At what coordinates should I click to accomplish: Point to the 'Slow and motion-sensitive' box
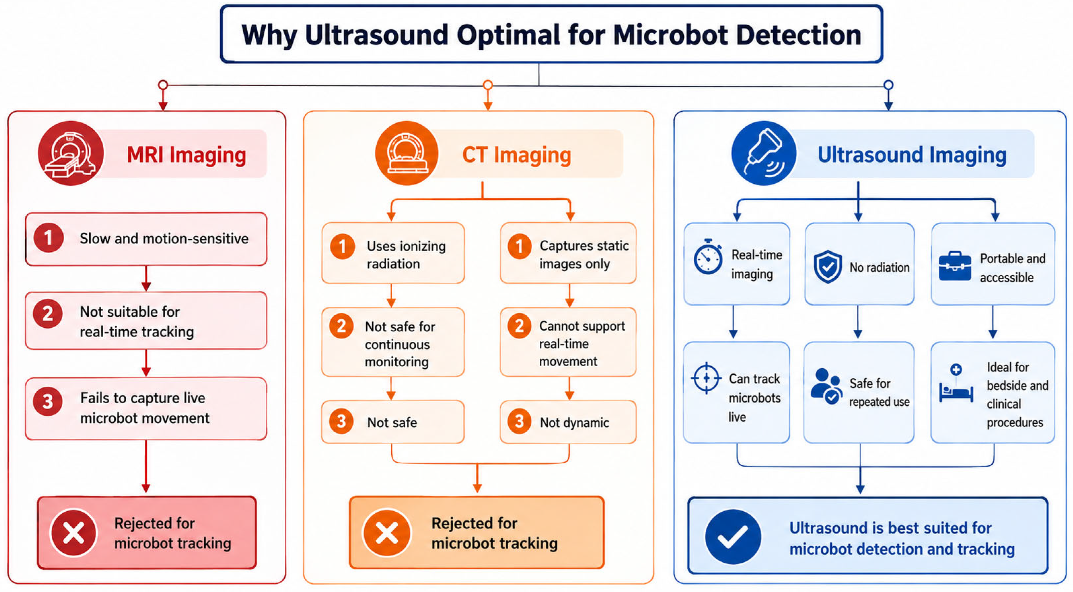[x=146, y=239]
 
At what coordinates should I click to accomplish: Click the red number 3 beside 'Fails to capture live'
[x=48, y=402]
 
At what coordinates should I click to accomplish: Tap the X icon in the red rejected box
[x=73, y=533]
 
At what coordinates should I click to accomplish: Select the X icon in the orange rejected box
[x=387, y=533]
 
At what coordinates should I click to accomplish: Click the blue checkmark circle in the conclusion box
[x=733, y=537]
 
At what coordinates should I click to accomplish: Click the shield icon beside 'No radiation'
[x=828, y=267]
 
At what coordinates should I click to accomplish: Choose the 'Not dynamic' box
[x=568, y=422]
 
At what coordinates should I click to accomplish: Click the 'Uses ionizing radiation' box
[x=393, y=253]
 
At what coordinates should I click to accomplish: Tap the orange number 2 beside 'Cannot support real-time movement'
[x=519, y=325]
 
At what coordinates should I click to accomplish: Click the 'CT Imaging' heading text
[x=516, y=155]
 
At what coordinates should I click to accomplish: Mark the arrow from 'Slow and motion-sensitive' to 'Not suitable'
[x=146, y=278]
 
